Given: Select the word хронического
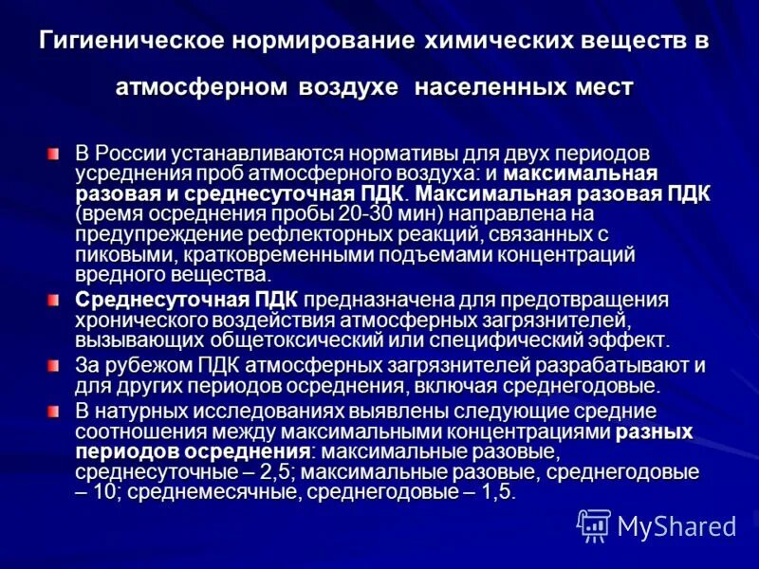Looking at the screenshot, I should (133, 321).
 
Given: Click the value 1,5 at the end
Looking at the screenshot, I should (496, 493).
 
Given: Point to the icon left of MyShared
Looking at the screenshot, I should (594, 525).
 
